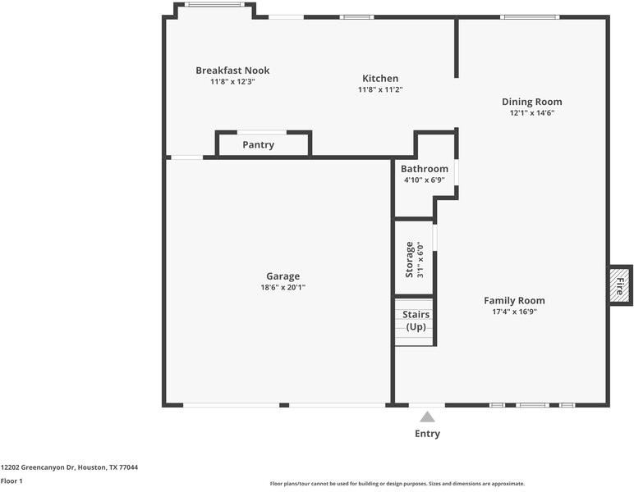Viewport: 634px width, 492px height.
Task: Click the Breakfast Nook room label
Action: [x=232, y=71]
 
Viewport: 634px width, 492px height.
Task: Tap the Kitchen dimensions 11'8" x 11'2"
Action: [x=380, y=89]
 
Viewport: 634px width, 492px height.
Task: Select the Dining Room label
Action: [x=531, y=102]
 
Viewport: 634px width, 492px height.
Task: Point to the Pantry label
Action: [x=259, y=144]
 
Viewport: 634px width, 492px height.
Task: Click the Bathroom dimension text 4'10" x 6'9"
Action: [x=425, y=180]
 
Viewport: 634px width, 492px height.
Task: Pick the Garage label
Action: [x=283, y=276]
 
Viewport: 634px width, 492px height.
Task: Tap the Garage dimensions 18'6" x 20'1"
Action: [x=283, y=287]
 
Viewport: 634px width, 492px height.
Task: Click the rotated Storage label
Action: [x=409, y=259]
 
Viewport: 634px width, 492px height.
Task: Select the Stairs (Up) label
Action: [x=416, y=321]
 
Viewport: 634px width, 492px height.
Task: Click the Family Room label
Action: [x=514, y=300]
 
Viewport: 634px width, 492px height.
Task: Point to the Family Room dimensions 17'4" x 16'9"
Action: [x=514, y=312]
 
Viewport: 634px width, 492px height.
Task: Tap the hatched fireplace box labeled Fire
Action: [x=620, y=285]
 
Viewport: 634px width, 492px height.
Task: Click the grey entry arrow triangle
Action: [x=427, y=417]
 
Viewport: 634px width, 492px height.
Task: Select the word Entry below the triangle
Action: [x=427, y=434]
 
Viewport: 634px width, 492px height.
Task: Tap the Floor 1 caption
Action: [x=11, y=481]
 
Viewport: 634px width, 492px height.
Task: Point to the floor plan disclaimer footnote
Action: [x=397, y=484]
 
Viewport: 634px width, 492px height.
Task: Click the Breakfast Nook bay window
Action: [x=214, y=5]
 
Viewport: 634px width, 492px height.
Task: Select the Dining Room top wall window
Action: [x=530, y=17]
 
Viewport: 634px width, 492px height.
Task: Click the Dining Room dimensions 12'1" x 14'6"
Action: [x=531, y=113]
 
